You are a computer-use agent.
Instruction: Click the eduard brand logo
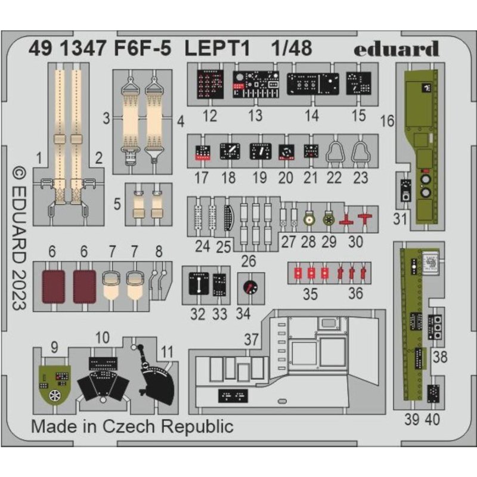pos(396,49)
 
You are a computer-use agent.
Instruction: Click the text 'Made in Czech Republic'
pos(132,426)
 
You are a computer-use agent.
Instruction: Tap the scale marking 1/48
pos(292,48)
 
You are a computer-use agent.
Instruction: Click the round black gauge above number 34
pos(248,288)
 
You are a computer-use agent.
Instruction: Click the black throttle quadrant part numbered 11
pos(154,376)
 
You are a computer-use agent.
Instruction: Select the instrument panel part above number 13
pos(256,85)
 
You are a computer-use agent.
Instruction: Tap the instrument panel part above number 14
pos(311,85)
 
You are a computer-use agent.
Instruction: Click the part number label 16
pos(387,121)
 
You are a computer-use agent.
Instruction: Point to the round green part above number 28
pos(309,220)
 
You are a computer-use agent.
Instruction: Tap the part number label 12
pos(209,115)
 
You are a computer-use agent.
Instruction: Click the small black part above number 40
pos(433,393)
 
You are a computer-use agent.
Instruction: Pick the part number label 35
pos(311,294)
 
